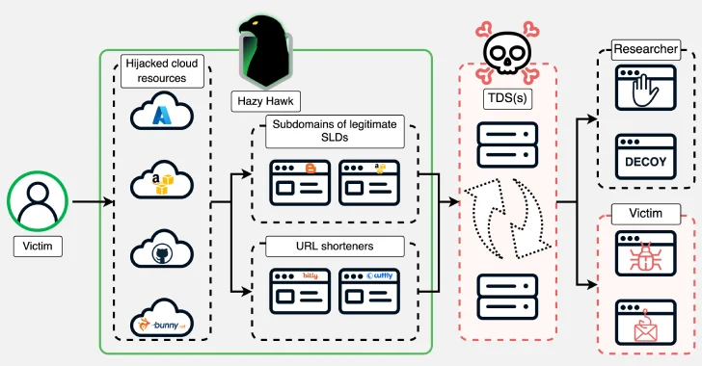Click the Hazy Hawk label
(x=265, y=99)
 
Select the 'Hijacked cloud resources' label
(x=162, y=70)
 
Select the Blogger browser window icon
(x=300, y=180)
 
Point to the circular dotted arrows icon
(x=506, y=220)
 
